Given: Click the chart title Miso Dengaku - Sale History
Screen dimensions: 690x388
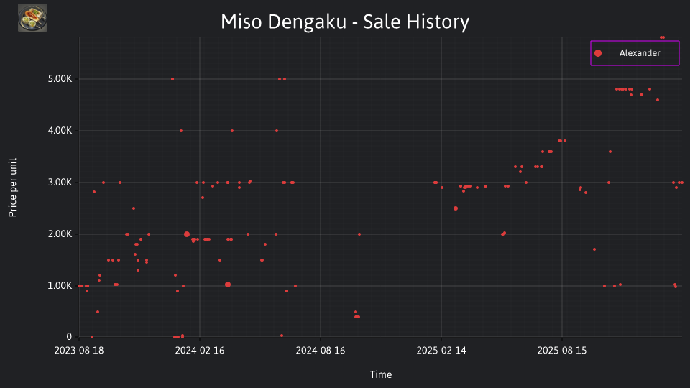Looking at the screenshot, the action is [x=345, y=22].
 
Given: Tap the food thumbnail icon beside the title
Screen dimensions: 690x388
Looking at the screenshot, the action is [x=32, y=18].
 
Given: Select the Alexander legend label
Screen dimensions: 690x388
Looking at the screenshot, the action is [x=640, y=53].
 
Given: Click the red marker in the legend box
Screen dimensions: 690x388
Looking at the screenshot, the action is [x=597, y=53].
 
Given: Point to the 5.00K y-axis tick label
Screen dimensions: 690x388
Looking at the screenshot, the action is [x=60, y=79].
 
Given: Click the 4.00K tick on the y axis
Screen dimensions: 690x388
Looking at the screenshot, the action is [x=60, y=131].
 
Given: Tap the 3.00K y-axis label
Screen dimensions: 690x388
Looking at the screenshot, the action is [x=60, y=182].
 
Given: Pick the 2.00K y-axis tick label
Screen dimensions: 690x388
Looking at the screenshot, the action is [x=60, y=234].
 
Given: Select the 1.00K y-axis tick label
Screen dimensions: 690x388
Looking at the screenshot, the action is [x=60, y=285].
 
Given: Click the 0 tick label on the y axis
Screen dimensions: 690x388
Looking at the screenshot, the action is [x=69, y=336].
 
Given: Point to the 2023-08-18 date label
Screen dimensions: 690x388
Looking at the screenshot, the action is [x=79, y=351].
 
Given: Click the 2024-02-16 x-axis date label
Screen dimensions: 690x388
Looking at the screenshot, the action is [x=200, y=351].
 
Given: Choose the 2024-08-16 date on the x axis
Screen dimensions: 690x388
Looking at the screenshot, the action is [x=321, y=351].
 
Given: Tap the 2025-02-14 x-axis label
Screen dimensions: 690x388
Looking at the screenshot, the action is [x=441, y=351].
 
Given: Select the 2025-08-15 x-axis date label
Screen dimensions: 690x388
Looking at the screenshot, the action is [x=562, y=351].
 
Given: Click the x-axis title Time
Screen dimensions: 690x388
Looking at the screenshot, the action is [x=381, y=374].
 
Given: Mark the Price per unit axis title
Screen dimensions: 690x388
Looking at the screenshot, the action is [x=13, y=188].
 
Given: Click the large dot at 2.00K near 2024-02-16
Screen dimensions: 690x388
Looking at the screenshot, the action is [x=187, y=234].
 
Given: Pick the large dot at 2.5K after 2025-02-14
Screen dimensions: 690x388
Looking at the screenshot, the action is [x=456, y=208].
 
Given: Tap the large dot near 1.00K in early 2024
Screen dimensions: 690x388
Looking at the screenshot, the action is [x=228, y=285].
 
